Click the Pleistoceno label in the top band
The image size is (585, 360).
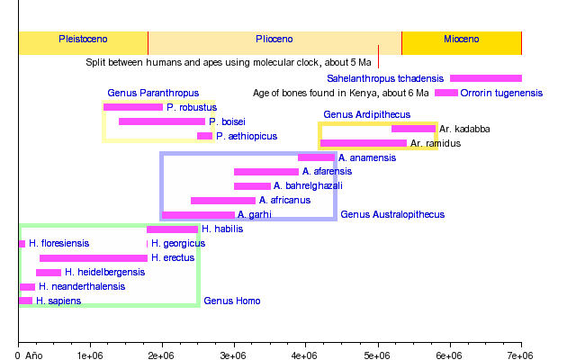point(83,40)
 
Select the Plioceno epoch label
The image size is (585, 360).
point(274,40)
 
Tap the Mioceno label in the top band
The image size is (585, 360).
point(462,40)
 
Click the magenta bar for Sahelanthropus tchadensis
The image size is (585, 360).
point(486,78)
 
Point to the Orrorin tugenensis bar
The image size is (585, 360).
point(446,93)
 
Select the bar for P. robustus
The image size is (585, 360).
point(133,107)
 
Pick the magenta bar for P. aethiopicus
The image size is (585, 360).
point(205,136)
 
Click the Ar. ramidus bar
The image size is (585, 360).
point(364,143)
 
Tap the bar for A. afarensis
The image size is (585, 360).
point(266,171)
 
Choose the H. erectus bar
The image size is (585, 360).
point(94,258)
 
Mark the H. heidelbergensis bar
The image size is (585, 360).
point(49,273)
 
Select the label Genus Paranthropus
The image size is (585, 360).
point(140,93)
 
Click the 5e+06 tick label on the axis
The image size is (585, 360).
point(378,356)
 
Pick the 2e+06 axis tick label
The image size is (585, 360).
point(162,356)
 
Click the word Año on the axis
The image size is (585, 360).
point(34,356)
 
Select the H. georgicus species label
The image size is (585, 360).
point(178,243)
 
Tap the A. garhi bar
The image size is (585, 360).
point(198,215)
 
